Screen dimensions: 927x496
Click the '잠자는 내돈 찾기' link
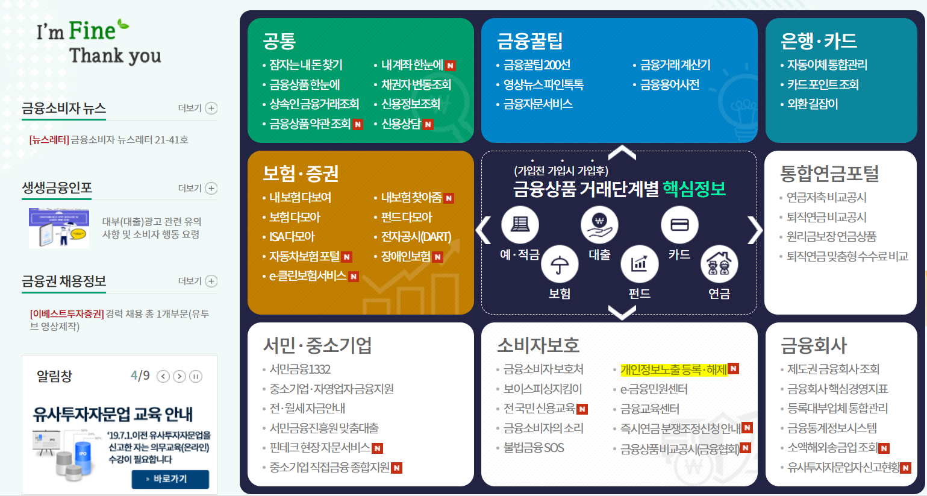[x=305, y=65]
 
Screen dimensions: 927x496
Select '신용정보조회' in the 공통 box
[x=410, y=104]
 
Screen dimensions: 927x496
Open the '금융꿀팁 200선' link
[x=537, y=65]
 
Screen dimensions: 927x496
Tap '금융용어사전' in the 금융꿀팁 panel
[x=669, y=85]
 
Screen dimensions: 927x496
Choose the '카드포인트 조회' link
[x=823, y=85]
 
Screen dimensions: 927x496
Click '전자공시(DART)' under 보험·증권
[x=416, y=237]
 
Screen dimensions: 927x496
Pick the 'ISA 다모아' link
[x=292, y=237]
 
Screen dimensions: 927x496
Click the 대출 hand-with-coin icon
[x=599, y=225]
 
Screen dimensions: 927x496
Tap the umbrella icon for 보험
[x=560, y=265]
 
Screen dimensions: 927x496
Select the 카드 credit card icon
[x=679, y=225]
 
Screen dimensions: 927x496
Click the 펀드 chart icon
[x=639, y=265]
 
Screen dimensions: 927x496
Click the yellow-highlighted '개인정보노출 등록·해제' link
[x=673, y=369]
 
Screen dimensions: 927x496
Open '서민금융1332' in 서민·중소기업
[x=300, y=369]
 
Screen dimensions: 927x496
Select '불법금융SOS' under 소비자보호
[x=534, y=448]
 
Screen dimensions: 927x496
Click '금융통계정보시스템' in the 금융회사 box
[x=832, y=429]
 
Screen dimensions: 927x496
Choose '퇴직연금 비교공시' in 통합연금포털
[x=826, y=217]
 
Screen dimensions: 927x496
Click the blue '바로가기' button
[x=170, y=479]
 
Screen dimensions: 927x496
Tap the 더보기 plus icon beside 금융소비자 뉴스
[x=211, y=108]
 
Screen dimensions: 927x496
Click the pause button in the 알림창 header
[x=196, y=377]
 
